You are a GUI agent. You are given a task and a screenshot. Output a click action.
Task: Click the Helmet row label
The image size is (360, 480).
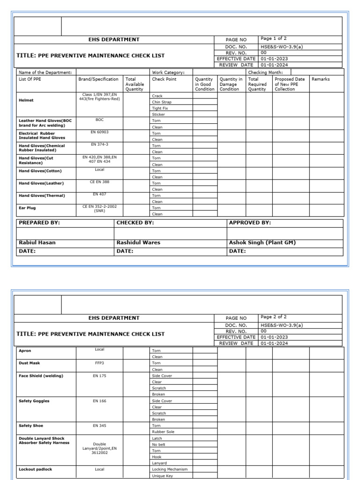[x=26, y=100]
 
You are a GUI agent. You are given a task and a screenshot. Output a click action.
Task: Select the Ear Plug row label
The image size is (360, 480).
[x=27, y=208]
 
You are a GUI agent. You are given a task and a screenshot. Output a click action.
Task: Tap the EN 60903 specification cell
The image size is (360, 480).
[x=99, y=132]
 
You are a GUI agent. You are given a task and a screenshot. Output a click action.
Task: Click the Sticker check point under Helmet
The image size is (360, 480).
[x=158, y=114]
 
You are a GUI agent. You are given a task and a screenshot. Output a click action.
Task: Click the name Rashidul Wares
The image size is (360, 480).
[x=138, y=242]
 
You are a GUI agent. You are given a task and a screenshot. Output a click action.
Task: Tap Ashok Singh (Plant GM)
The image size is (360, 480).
[x=262, y=242]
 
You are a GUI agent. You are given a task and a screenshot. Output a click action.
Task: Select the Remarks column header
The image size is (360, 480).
[x=321, y=79]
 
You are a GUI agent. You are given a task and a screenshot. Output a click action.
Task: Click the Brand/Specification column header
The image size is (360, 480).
[x=98, y=79]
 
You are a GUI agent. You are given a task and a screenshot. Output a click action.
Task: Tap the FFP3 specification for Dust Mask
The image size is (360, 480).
[x=99, y=363]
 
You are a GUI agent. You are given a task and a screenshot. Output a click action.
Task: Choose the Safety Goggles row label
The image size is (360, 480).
[x=34, y=401]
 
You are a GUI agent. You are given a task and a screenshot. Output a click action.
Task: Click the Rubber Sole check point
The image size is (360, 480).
[x=163, y=432]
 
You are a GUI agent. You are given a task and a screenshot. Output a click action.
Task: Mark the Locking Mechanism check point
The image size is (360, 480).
[x=170, y=469]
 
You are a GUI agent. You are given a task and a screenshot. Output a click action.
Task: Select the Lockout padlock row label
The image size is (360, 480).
[x=35, y=469]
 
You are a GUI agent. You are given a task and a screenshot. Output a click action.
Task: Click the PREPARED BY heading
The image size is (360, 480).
[x=39, y=223]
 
